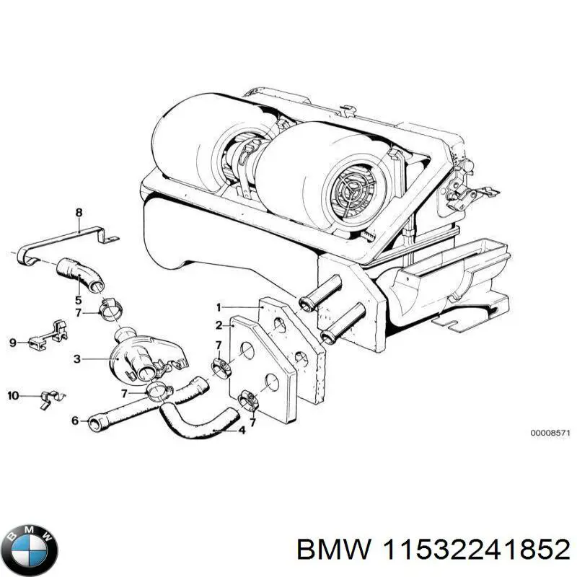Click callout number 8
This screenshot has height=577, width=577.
point(79,211)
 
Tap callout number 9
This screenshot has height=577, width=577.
point(12,343)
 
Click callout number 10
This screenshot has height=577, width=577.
point(12,395)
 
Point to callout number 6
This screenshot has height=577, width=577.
point(74,420)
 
